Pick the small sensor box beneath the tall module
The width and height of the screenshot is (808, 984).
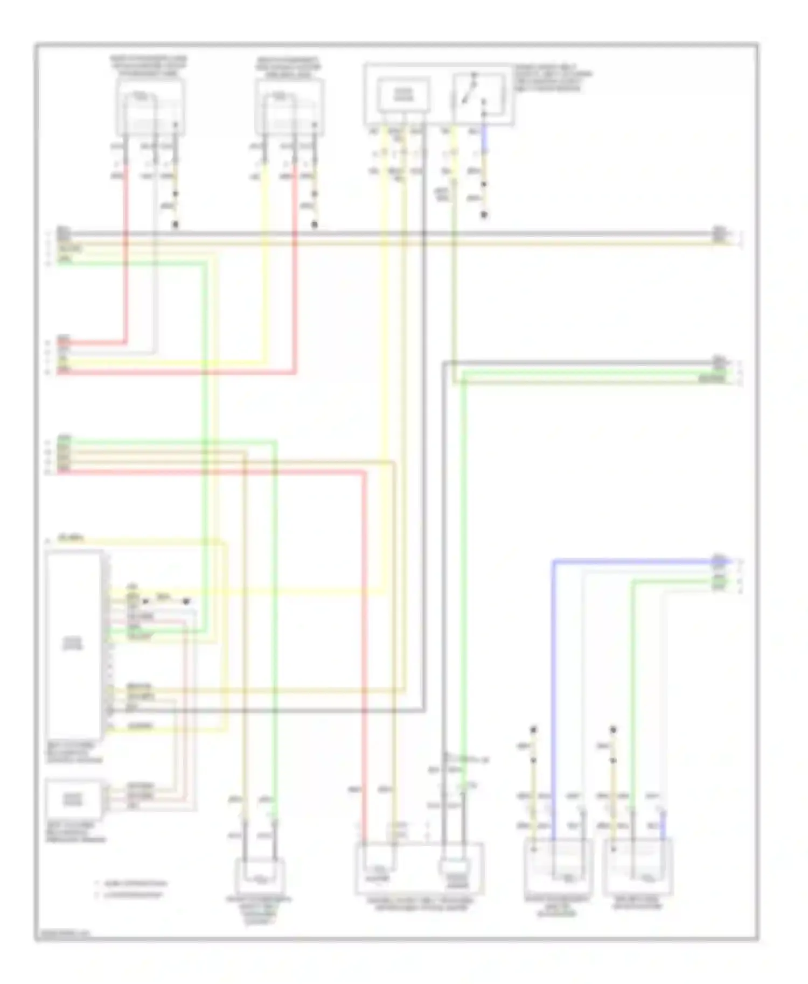click(x=73, y=799)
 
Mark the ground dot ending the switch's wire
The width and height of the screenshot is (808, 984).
click(x=484, y=215)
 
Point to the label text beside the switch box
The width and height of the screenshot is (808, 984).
click(x=553, y=79)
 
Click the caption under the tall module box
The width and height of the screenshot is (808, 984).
click(x=73, y=753)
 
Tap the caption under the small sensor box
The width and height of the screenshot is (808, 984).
click(x=75, y=832)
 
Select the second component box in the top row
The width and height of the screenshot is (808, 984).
click(x=289, y=108)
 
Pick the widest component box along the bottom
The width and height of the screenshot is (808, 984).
click(x=419, y=868)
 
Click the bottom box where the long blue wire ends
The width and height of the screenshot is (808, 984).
click(x=558, y=865)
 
